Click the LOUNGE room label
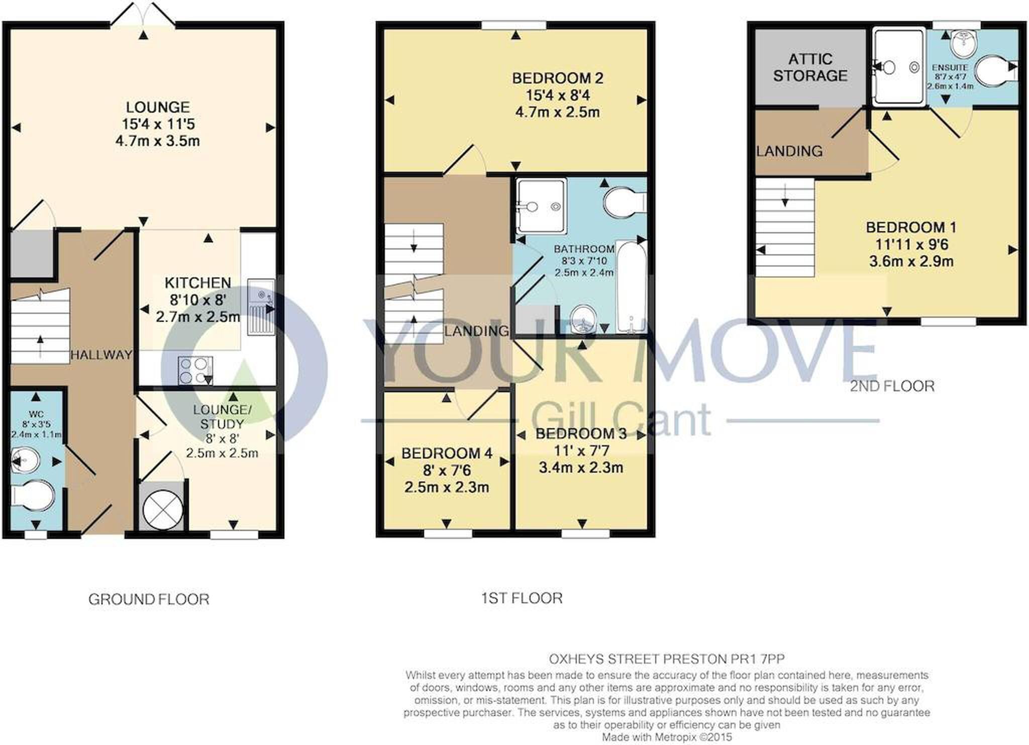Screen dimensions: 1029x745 [x=158, y=107]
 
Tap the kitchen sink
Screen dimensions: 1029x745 [x=261, y=307]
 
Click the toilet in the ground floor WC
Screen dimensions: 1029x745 [x=32, y=496]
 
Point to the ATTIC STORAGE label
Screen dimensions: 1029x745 [x=810, y=67]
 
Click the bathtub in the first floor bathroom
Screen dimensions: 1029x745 [x=631, y=288]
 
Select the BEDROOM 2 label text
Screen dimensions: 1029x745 [x=558, y=78]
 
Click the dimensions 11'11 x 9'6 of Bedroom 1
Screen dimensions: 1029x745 [x=911, y=244]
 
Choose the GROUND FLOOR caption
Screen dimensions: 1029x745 [x=149, y=599]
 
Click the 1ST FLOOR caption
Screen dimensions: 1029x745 [x=522, y=598]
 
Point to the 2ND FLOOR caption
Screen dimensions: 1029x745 [x=892, y=386]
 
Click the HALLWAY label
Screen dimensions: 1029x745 [x=101, y=355]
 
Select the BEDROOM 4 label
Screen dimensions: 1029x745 [x=447, y=453]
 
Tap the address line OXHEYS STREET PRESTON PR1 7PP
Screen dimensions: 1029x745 [x=667, y=659]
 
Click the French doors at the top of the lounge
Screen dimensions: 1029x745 [x=143, y=14]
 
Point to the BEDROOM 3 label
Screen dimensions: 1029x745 [x=581, y=434]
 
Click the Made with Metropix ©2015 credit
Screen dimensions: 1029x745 [x=667, y=737]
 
